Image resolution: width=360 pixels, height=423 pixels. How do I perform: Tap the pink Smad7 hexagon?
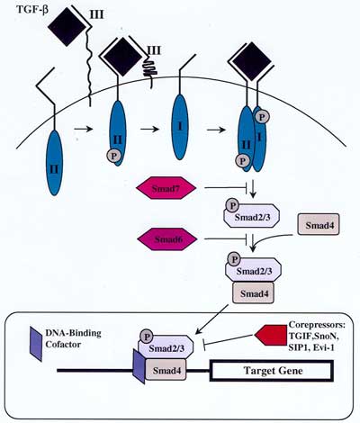click(164, 187)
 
